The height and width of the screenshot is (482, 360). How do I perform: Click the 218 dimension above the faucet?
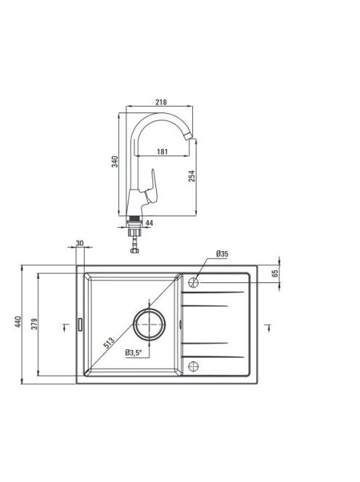(161, 102)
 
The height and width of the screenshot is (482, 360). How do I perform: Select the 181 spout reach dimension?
(163, 152)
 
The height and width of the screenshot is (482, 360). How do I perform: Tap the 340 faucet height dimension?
(115, 162)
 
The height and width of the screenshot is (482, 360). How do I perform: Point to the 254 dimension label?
(192, 176)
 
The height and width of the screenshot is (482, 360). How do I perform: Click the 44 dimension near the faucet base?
(149, 223)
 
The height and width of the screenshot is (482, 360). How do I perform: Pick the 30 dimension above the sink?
(80, 243)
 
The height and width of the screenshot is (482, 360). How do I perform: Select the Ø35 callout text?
(222, 254)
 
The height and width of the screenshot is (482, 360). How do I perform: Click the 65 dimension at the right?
(275, 273)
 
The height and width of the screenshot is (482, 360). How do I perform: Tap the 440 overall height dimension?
(18, 322)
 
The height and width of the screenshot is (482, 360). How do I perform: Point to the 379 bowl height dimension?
(34, 324)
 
